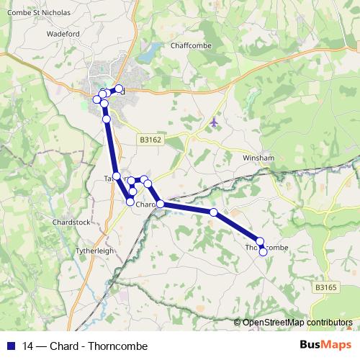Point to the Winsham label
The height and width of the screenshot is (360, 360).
pyautogui.click(x=258, y=157)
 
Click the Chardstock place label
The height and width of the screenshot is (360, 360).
pyautogui.click(x=72, y=222)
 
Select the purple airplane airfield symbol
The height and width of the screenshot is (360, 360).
pyautogui.click(x=213, y=122)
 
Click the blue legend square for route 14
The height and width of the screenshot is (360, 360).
pyautogui.click(x=11, y=346)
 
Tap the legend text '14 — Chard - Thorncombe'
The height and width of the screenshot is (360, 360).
pyautogui.click(x=85, y=346)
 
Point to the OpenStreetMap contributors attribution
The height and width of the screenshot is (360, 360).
pyautogui.click(x=297, y=323)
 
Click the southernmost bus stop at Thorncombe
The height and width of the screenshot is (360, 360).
pyautogui.click(x=264, y=251)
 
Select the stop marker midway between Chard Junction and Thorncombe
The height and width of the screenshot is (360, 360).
pyautogui.click(x=214, y=212)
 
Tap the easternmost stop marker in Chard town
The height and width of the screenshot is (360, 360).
pyautogui.click(x=119, y=89)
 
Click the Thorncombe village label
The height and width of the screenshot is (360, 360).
pyautogui.click(x=267, y=247)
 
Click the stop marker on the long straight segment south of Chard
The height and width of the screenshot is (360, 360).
pyautogui.click(x=107, y=119)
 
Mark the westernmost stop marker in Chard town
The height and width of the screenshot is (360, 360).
pyautogui.click(x=96, y=99)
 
